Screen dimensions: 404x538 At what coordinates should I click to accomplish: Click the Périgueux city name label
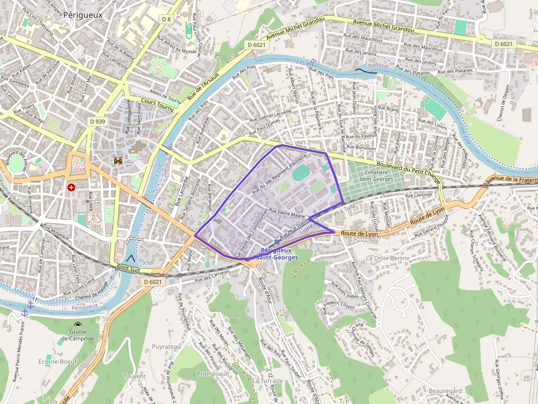82,15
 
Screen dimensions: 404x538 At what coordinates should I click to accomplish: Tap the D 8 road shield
166,19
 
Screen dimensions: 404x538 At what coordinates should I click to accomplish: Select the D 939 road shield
97,121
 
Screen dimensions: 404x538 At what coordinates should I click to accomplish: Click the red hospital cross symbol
71,187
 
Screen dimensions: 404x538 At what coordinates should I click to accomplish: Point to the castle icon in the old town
117,161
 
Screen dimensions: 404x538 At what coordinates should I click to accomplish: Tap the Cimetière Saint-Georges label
376,175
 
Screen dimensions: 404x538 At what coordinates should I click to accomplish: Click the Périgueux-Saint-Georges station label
277,254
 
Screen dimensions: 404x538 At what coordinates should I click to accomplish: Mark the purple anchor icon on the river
25,312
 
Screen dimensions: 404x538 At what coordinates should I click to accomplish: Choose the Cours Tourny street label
157,105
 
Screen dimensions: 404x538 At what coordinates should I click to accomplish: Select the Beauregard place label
445,390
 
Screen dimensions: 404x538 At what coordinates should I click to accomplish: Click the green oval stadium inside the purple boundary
300,174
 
